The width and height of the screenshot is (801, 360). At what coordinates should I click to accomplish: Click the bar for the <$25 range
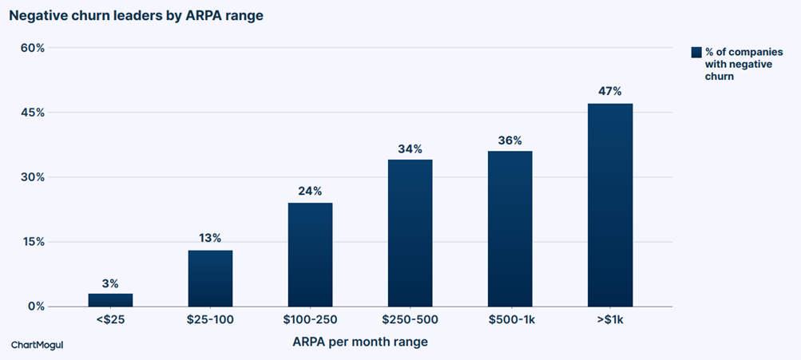pos(110,300)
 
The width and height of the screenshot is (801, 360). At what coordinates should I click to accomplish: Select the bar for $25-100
pos(211,279)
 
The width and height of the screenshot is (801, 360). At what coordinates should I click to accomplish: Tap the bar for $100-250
pos(310,255)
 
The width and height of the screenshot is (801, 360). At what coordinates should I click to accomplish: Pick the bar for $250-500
pos(410,233)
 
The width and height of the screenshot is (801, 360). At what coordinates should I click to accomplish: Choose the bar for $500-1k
pos(510,229)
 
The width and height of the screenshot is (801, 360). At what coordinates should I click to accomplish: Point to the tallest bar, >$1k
pos(610,205)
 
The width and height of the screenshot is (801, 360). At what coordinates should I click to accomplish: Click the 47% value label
pos(610,92)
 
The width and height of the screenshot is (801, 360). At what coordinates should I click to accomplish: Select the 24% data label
pos(310,191)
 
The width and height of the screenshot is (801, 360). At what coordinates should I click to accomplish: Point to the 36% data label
pos(510,140)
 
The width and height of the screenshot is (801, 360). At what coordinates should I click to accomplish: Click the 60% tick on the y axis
pos(34,47)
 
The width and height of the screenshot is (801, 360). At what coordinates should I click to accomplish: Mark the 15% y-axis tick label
pos(34,242)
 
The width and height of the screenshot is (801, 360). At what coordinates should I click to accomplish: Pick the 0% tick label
pos(37,307)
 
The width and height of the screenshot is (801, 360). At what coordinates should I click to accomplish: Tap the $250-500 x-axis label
pos(410,320)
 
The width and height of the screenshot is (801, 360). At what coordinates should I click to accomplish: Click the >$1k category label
pos(610,320)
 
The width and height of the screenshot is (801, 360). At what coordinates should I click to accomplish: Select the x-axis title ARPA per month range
pos(360,342)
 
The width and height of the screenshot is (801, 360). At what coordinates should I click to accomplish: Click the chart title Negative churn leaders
pos(137,16)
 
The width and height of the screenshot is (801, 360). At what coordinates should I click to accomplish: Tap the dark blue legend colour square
pos(696,52)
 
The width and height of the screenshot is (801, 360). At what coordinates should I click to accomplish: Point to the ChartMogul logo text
pos(38,345)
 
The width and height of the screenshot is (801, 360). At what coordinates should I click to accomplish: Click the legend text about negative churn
pos(736,65)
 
